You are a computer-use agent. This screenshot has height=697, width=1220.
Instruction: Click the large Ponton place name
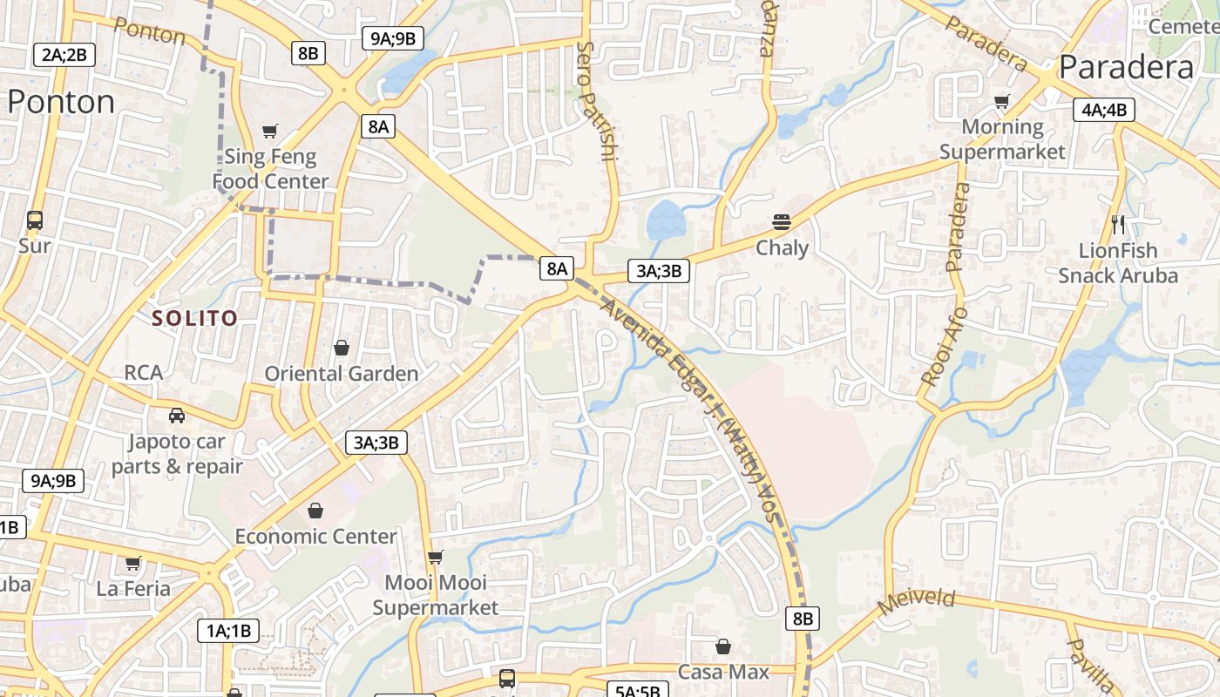[61, 102]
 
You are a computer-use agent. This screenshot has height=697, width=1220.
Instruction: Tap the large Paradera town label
[1126, 67]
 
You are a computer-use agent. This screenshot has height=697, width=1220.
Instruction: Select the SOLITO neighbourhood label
[194, 318]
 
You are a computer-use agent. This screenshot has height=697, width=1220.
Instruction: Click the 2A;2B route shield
[64, 55]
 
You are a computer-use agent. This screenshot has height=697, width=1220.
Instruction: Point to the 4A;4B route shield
[1104, 110]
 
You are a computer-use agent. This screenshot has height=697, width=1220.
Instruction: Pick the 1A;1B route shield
[228, 631]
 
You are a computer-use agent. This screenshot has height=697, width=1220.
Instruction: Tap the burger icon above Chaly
[781, 221]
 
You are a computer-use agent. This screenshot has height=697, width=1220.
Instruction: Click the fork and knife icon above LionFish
[1119, 225]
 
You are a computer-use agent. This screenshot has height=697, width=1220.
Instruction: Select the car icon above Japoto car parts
[177, 415]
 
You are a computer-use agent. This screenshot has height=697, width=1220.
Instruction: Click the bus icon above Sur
[35, 220]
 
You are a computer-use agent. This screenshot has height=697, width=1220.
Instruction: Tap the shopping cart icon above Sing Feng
[270, 131]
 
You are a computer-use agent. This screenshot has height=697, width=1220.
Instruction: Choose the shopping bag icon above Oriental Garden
[341, 348]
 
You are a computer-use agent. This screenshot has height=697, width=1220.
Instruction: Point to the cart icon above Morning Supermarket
[1001, 102]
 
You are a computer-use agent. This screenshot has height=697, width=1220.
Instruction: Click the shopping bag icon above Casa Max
[722, 646]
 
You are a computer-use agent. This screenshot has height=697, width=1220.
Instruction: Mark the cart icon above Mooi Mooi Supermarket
[435, 556]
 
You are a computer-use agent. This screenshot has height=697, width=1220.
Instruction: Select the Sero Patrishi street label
[597, 102]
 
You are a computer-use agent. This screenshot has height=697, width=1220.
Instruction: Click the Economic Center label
[315, 536]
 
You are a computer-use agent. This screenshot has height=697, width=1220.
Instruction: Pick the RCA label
[143, 373]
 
